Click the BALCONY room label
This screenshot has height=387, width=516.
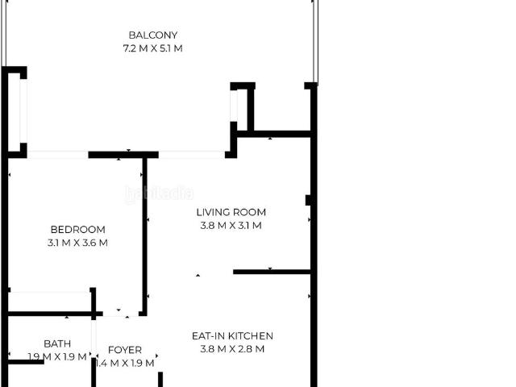pyautogui.click(x=153, y=35)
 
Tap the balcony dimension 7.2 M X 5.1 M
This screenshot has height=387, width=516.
pyautogui.click(x=152, y=48)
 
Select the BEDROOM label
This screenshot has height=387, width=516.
pyautogui.click(x=78, y=229)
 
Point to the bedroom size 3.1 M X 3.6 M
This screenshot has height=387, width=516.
pyautogui.click(x=77, y=243)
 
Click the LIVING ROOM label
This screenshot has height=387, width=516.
pyautogui.click(x=231, y=212)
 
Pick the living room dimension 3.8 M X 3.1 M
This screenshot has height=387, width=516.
pyautogui.click(x=231, y=226)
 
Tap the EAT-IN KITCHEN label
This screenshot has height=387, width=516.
pyautogui.click(x=232, y=335)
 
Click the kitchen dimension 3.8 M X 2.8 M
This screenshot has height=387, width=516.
pyautogui.click(x=232, y=349)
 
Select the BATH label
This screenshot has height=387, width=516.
pyautogui.click(x=57, y=343)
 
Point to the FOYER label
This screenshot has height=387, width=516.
pyautogui.click(x=125, y=350)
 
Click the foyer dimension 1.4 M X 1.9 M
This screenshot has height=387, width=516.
pyautogui.click(x=125, y=363)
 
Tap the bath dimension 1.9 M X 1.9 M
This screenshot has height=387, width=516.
pyautogui.click(x=57, y=356)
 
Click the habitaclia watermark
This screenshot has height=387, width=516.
pyautogui.click(x=160, y=193)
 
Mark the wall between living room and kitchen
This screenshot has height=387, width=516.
pyautogui.click(x=272, y=272)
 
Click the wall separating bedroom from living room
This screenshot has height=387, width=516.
pyautogui.click(x=144, y=236)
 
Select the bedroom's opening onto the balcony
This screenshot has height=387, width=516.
pyautogui.click(x=57, y=155)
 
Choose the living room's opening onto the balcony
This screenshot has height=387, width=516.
pyautogui.click(x=192, y=155)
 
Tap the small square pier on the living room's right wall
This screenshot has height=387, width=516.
pyautogui.click(x=308, y=200)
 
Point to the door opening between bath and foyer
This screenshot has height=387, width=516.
pyautogui.click(x=94, y=339)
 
